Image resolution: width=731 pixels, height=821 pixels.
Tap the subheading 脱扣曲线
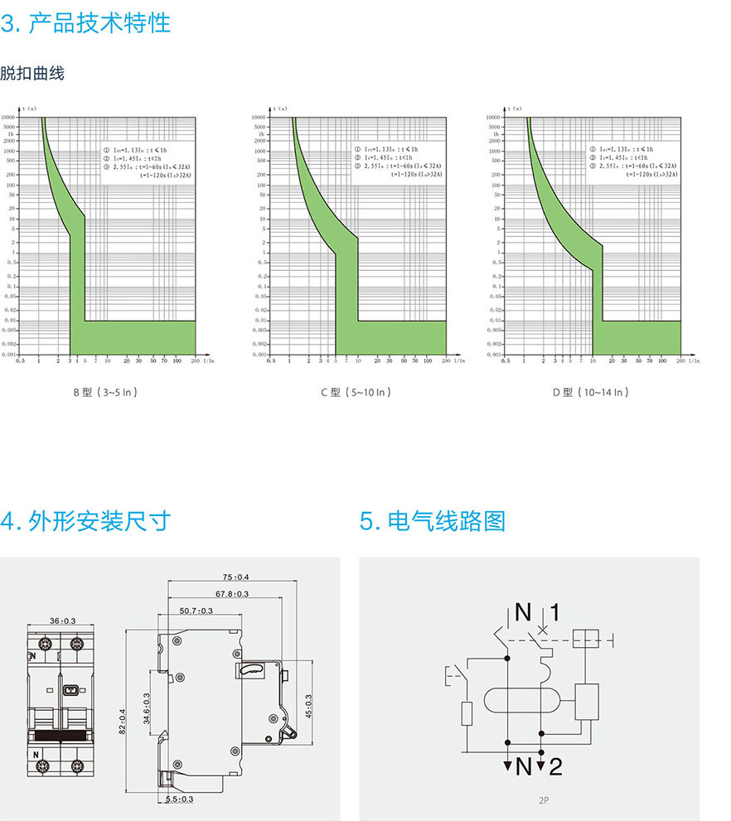[x=32, y=73]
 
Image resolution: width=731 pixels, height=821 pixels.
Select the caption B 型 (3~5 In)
[x=104, y=392]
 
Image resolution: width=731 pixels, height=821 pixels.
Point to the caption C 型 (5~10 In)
[x=356, y=392]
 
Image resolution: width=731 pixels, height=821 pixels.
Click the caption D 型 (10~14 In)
[x=590, y=392]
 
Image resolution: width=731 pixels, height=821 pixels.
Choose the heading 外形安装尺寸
[x=86, y=520]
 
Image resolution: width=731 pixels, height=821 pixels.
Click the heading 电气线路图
[x=433, y=520]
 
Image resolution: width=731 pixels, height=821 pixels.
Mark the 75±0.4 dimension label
[x=235, y=577]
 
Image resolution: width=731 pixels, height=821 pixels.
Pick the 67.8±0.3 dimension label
[x=232, y=594]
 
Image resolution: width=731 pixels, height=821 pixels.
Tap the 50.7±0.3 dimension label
[x=196, y=611]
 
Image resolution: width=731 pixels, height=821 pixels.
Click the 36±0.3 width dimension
[x=62, y=621]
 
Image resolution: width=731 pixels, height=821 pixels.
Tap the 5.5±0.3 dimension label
[x=179, y=799]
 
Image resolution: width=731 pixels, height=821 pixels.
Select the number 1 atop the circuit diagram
[x=554, y=612]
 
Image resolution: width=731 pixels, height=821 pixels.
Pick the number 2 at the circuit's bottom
[x=554, y=766]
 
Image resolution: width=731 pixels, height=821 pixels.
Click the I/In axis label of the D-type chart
[x=694, y=361]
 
